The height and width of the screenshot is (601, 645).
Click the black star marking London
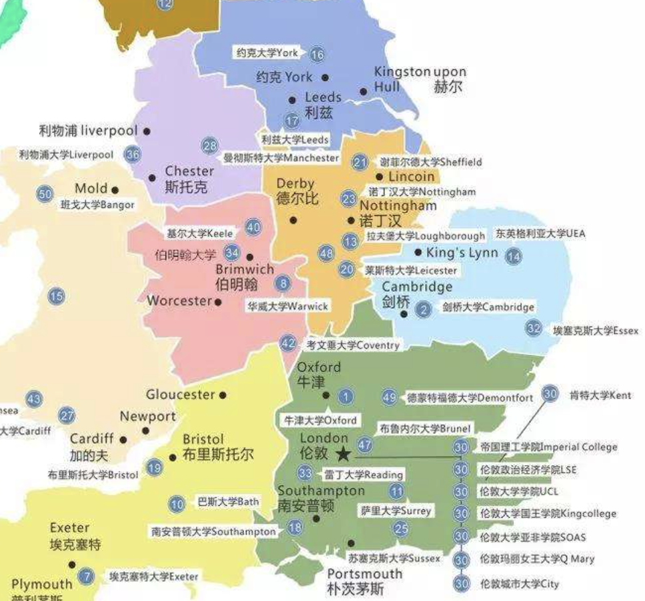343,454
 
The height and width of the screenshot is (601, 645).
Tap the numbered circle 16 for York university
317,54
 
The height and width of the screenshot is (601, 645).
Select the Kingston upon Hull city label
420,79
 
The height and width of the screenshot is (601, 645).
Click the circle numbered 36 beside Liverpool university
133,154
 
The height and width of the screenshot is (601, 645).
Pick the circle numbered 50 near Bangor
45,194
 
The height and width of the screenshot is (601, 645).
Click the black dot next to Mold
115,191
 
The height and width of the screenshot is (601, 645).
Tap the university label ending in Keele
200,234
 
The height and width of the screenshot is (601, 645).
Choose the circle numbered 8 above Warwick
285,284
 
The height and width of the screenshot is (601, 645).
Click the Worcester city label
179,300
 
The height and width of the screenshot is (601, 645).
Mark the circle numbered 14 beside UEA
513,256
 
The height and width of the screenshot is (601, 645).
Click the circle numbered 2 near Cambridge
423,309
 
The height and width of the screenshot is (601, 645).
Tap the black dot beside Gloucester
223,395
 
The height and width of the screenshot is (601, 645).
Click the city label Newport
148,416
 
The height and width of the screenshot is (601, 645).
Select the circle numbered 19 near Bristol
155,468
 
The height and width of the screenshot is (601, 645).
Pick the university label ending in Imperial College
548,447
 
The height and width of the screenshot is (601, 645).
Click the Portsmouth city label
364,574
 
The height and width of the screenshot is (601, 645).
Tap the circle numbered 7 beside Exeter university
85,576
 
